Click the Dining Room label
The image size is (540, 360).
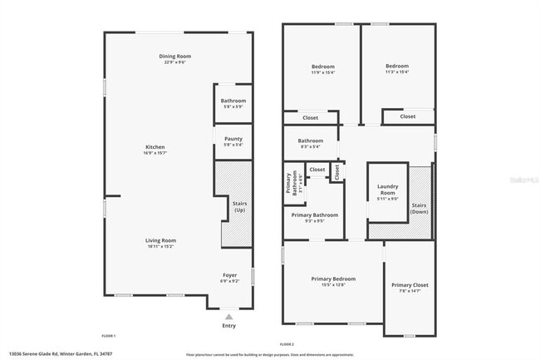175,57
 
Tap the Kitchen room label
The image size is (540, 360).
155,147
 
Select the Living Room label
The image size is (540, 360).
161,240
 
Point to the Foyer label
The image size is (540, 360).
230,275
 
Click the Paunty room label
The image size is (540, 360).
233,140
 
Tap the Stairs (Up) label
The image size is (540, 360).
239,206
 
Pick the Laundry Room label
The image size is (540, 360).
388,190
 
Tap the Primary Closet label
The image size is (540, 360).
410,285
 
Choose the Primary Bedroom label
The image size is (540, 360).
333,279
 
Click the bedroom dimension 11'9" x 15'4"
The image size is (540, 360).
323,72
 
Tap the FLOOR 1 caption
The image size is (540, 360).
109,335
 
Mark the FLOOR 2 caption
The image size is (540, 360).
287,343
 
